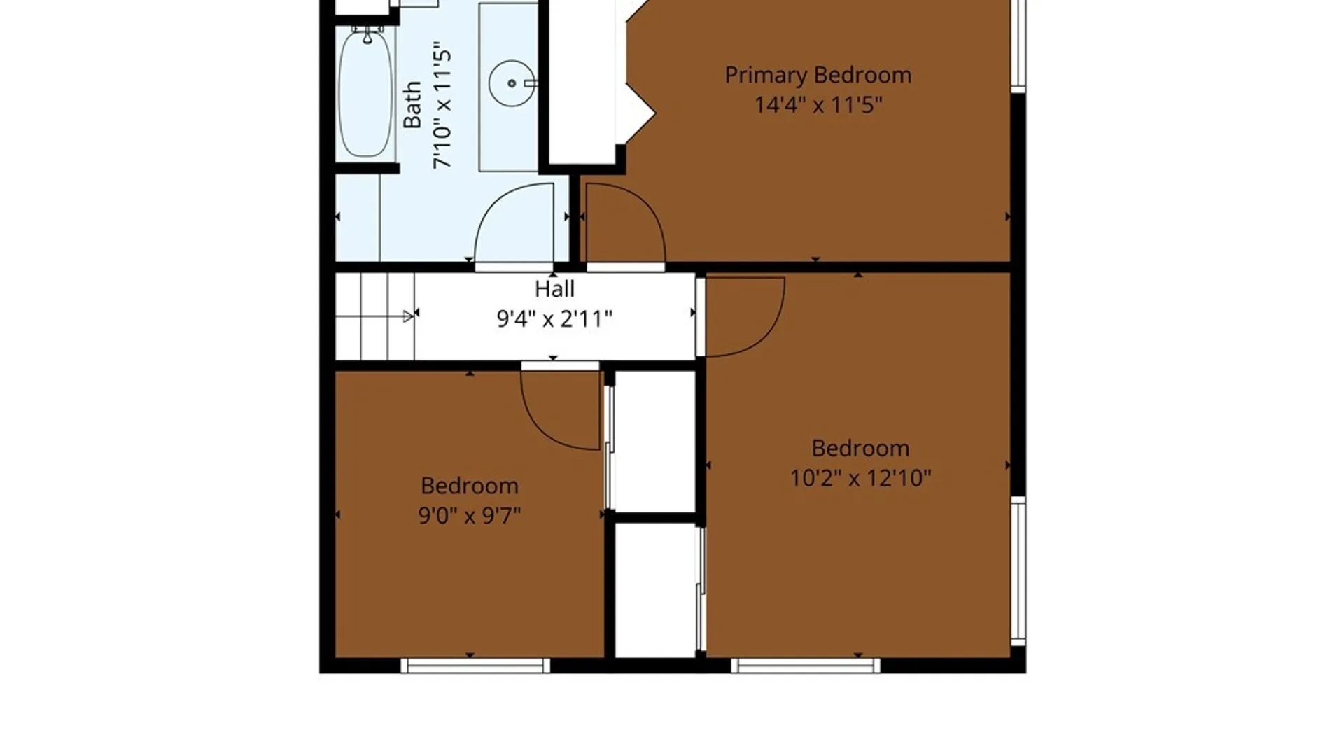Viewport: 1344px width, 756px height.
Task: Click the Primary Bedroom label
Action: [818, 76]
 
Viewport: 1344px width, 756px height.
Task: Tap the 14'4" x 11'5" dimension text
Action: [818, 105]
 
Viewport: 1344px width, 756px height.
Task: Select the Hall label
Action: [554, 289]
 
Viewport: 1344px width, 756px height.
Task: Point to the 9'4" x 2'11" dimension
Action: [554, 319]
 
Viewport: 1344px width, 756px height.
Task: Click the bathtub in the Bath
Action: [365, 92]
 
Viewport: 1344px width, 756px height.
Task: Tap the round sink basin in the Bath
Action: [512, 83]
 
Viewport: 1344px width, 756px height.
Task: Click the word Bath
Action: [412, 105]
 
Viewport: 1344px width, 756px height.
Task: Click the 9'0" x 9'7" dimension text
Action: [470, 516]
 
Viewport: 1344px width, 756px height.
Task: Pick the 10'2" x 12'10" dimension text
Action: [860, 478]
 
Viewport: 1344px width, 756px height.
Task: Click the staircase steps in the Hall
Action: [375, 316]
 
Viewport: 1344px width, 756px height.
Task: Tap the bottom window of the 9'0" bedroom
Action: [475, 665]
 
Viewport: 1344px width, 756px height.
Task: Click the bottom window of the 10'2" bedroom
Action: [806, 665]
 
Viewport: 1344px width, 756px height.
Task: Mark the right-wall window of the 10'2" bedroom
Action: [1018, 571]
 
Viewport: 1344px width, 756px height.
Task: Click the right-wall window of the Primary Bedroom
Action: [1018, 45]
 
